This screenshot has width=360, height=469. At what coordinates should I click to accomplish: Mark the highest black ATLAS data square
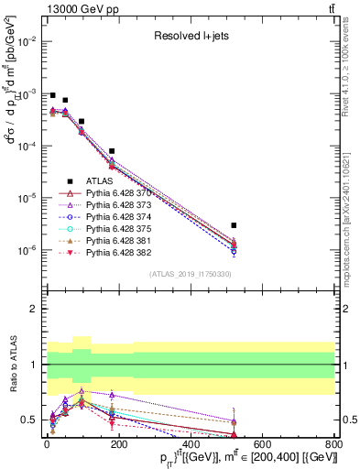click(52, 95)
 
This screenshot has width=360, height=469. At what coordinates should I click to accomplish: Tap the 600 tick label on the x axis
click(262, 444)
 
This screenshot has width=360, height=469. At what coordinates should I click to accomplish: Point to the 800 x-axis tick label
click(334, 444)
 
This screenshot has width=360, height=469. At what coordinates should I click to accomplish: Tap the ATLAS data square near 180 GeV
click(111, 151)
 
